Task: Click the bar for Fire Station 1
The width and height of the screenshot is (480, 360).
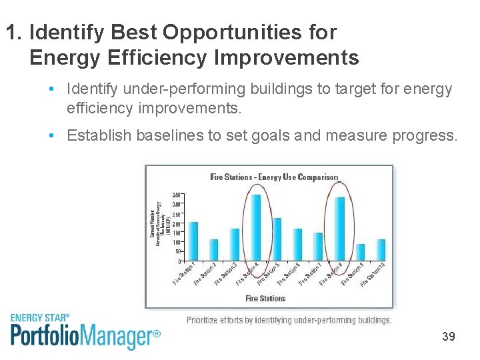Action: click(x=193, y=241)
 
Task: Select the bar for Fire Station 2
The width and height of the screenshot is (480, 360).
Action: click(x=214, y=249)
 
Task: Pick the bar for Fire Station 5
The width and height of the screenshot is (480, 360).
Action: click(x=277, y=239)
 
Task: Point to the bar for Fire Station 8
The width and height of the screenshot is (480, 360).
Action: click(x=339, y=228)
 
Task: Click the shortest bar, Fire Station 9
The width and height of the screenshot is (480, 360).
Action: click(x=360, y=252)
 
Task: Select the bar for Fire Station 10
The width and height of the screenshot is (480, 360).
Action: click(x=381, y=249)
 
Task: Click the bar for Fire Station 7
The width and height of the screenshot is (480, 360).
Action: click(x=318, y=246)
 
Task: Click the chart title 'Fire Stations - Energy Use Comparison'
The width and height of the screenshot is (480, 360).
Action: click(x=274, y=177)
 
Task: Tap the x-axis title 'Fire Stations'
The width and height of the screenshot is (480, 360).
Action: click(x=265, y=298)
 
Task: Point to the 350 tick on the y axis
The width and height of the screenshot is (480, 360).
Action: click(x=176, y=195)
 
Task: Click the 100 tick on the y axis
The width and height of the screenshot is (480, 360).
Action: click(x=176, y=243)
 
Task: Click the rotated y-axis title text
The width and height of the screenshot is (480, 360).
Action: click(x=155, y=220)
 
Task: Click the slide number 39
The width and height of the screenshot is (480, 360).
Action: click(x=449, y=337)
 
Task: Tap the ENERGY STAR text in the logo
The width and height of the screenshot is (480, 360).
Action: click(x=39, y=318)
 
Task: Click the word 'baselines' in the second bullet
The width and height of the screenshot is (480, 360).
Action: click(x=170, y=135)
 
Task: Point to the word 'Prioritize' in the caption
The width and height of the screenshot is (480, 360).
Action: click(x=207, y=321)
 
